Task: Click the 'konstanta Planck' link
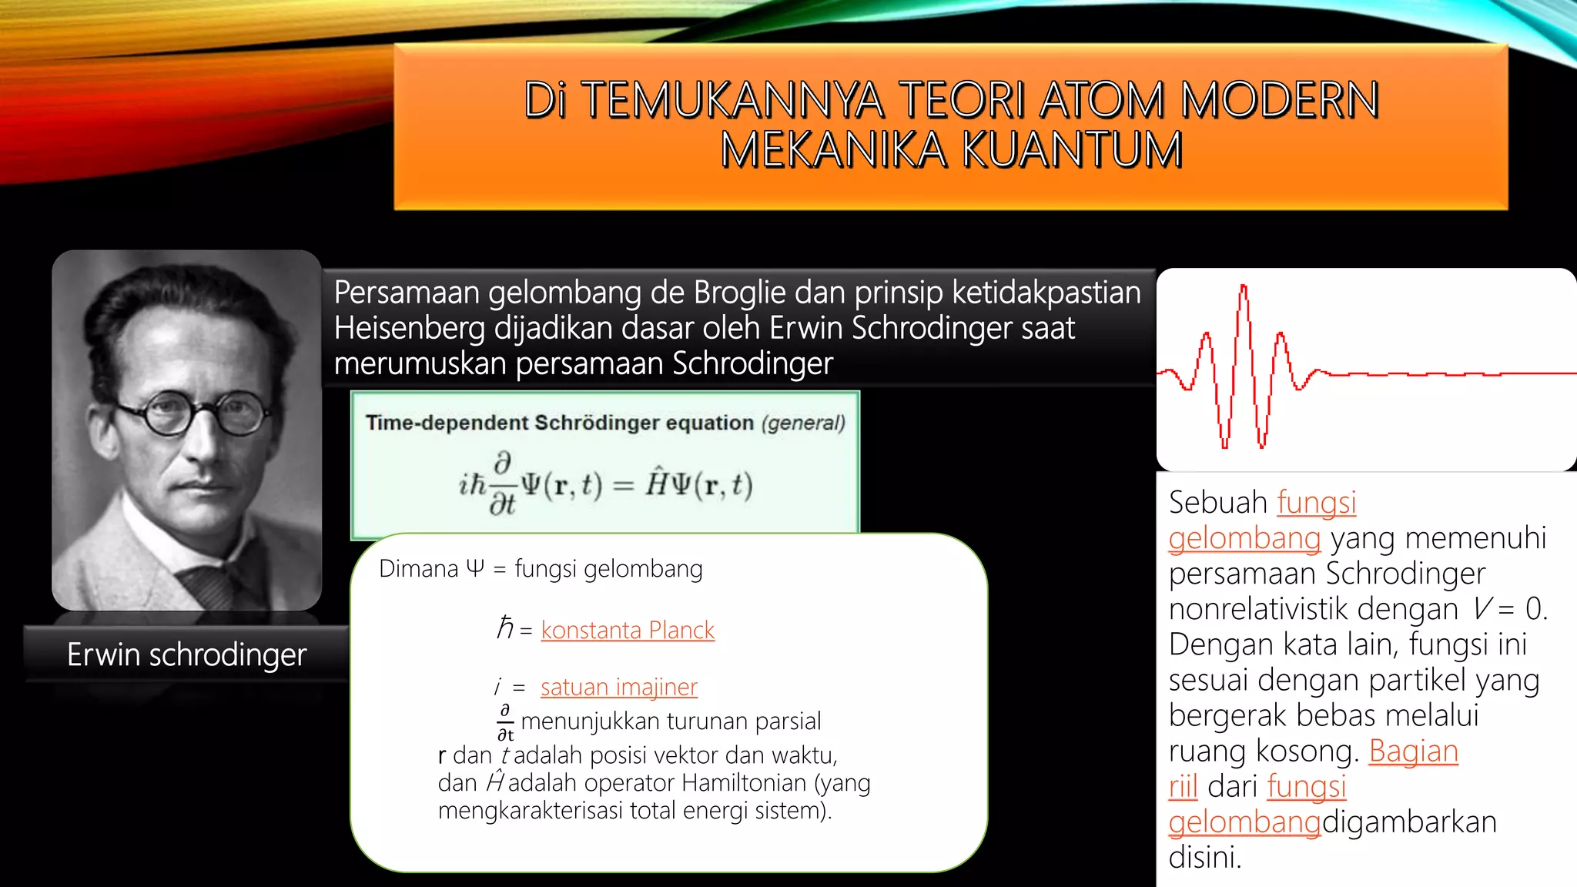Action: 627,630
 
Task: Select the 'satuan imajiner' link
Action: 618,686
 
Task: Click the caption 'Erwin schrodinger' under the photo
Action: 186,654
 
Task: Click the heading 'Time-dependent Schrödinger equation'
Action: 559,423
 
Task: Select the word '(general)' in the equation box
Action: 803,423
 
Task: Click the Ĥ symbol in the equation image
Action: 657,484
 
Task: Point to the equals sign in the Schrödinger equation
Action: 623,486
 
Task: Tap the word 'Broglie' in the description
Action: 740,293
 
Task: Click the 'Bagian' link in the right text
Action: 1413,751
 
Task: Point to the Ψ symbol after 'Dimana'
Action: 475,568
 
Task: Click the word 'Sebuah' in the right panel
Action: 1217,502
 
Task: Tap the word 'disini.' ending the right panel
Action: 1204,857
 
